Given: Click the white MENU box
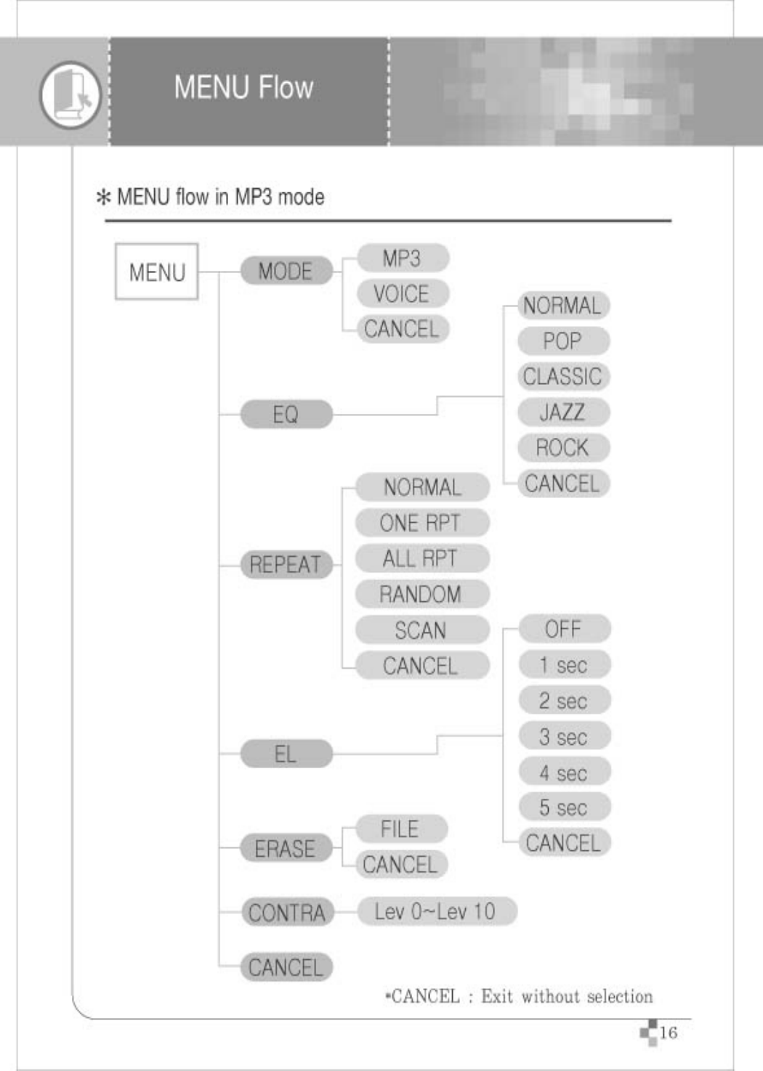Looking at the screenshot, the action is (156, 272).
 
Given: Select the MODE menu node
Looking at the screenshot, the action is (286, 271).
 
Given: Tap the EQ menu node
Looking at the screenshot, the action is (286, 415).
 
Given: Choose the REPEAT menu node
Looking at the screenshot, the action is (286, 564).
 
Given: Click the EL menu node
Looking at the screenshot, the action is (286, 754).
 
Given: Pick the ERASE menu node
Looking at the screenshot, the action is (286, 848).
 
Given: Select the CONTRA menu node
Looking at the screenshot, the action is (287, 912).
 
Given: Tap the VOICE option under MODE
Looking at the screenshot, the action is (402, 293).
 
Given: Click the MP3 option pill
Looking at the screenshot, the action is (402, 258).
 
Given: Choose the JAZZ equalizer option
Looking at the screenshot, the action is (562, 412).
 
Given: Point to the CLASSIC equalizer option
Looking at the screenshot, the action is (562, 376).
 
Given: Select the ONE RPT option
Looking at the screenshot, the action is (421, 522).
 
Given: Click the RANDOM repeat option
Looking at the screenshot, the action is (421, 594).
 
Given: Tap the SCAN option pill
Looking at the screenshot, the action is (421, 630).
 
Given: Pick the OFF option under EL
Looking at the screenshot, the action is (563, 629).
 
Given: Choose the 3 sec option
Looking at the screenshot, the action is (563, 737).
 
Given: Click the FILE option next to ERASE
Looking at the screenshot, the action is (400, 828).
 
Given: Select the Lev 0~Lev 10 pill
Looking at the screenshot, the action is (436, 911).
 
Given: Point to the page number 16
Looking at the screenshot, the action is (668, 1032).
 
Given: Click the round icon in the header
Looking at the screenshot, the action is (69, 93).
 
